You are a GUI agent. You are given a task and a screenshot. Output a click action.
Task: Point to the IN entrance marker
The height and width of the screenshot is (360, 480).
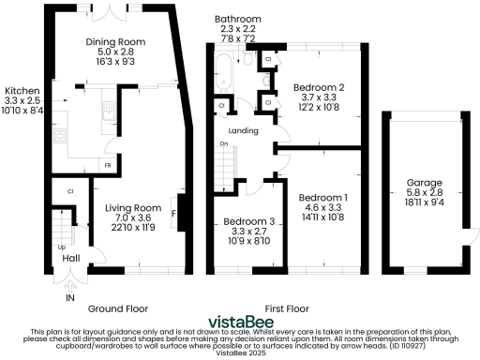pyautogui.click(x=68, y=297)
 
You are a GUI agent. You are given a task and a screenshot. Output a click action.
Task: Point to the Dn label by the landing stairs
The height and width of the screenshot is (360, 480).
pyautogui.click(x=222, y=143)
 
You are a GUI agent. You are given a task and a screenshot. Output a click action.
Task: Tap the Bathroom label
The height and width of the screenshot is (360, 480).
pyautogui.click(x=232, y=19)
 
